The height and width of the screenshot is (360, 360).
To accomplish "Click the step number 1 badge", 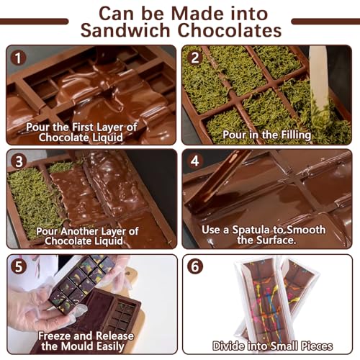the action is (x=18, y=58).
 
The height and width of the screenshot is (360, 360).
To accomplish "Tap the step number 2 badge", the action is (x=195, y=58).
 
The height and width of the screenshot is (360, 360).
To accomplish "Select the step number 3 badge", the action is (x=19, y=162).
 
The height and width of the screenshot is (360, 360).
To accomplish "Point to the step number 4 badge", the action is (x=195, y=161).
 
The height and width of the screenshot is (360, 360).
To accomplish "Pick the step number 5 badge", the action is (x=19, y=266).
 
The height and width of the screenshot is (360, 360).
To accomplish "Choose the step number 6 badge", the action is (x=195, y=266).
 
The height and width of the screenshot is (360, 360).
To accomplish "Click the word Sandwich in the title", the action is (x=125, y=30).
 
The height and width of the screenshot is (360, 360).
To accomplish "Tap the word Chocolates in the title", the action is (x=230, y=30).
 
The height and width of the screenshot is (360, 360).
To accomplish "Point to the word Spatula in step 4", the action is (x=251, y=230).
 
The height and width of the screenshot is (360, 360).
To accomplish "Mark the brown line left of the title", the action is (x=34, y=22).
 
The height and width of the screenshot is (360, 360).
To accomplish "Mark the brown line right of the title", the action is (x=325, y=22).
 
